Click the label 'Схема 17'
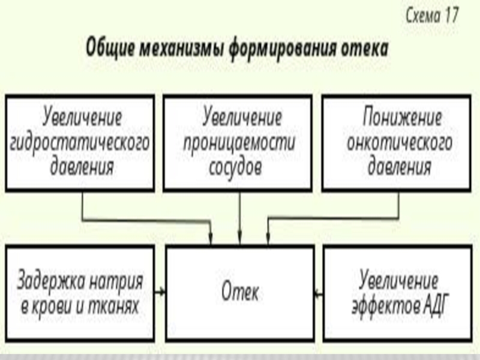click(431, 16)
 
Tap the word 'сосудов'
click(236, 166)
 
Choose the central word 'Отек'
click(240, 292)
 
